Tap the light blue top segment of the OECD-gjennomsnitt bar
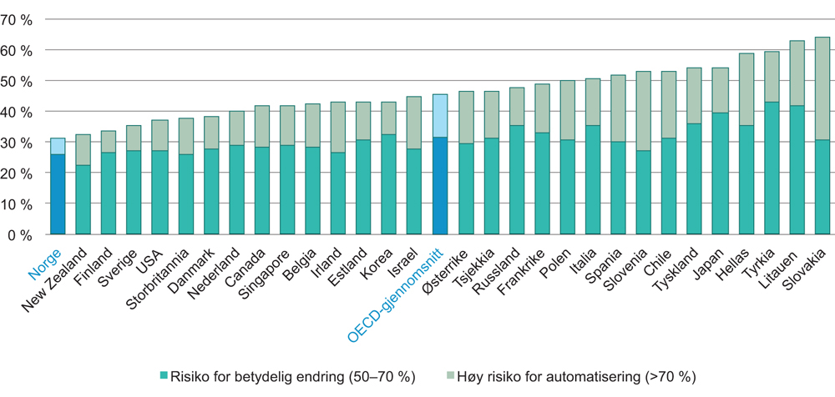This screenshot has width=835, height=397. tap(440, 115)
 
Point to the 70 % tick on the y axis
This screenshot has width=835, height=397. tap(18, 20)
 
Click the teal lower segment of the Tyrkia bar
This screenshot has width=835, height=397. tap(772, 168)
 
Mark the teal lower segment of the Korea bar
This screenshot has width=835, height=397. tap(389, 183)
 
